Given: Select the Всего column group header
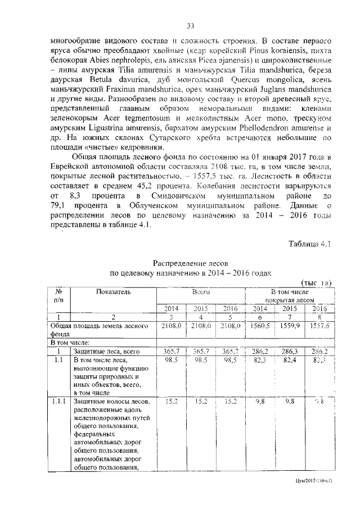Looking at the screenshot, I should (x=200, y=292).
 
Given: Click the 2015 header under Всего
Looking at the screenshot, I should (x=201, y=308).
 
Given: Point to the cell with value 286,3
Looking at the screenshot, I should (x=289, y=351).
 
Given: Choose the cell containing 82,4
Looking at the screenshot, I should (x=290, y=359).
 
